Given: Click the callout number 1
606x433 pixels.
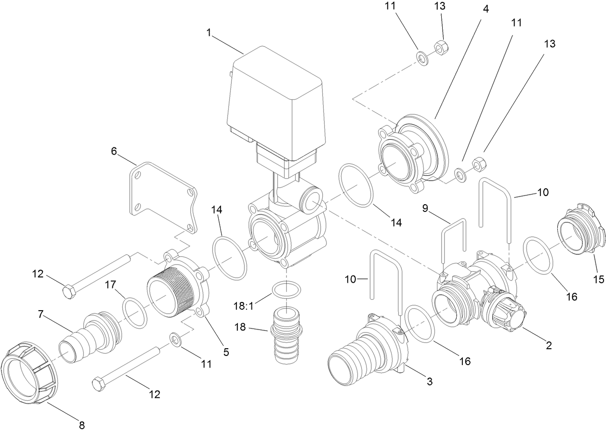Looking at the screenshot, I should point(209,32).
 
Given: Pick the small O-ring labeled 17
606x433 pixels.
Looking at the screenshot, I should point(134,313).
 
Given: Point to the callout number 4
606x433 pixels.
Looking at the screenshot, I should point(486,9).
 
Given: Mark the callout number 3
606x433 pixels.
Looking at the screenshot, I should point(430,382).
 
